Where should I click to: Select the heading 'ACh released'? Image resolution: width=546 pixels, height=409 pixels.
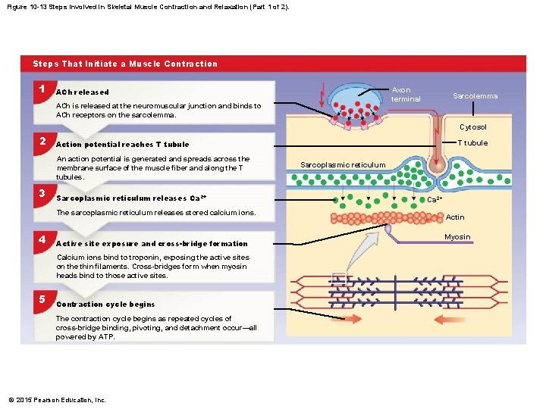click(83, 92)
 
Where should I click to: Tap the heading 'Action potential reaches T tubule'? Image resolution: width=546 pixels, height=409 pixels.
click(122, 144)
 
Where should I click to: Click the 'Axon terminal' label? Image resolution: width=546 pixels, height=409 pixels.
click(406, 95)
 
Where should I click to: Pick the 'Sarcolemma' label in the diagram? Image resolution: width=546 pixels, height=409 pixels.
click(475, 96)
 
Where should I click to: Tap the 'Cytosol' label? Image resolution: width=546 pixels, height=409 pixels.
click(473, 127)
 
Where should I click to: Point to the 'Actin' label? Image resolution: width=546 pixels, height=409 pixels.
click(455, 217)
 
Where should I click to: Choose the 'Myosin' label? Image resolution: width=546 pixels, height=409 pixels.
click(457, 237)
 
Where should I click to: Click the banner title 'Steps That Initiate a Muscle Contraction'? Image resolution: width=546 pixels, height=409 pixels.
click(125, 64)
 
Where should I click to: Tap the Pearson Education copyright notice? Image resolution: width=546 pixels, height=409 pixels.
click(57, 399)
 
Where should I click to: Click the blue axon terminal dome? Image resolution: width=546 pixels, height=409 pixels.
click(354, 91)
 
